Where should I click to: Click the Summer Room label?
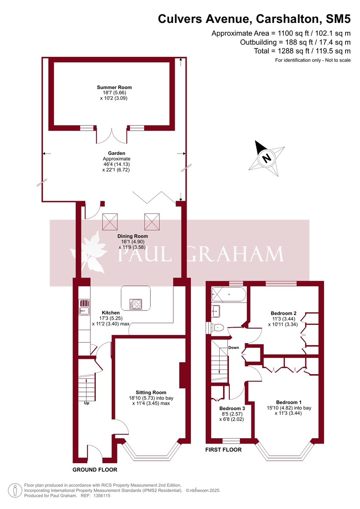(112, 87)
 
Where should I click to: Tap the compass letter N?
(266, 158)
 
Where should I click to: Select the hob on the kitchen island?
(136, 304)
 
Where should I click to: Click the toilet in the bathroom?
(218, 327)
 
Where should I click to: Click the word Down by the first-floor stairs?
(234, 348)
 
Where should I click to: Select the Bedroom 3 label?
(232, 408)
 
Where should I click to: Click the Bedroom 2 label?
(283, 313)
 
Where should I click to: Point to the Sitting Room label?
(151, 392)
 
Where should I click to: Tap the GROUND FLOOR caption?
(95, 470)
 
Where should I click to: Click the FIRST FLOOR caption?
(223, 450)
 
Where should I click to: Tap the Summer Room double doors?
(112, 135)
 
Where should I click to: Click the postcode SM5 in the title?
(338, 19)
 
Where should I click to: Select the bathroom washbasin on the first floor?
(215, 310)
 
